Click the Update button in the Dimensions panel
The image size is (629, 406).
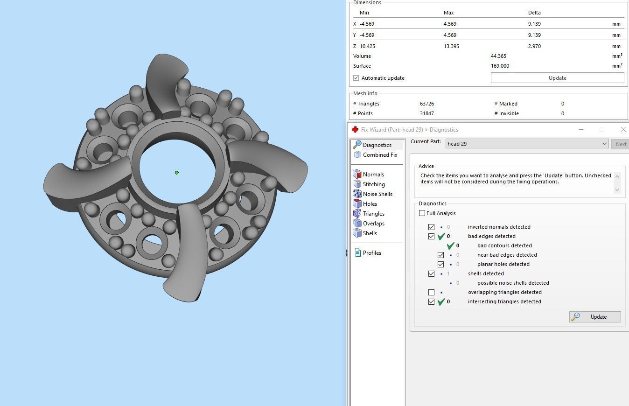[557, 78]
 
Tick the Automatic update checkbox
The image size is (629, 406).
[356, 78]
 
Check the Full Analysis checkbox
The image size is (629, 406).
[422, 213]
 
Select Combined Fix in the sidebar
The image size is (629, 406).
[379, 155]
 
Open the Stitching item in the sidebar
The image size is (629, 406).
[373, 184]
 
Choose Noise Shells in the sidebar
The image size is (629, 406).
[377, 194]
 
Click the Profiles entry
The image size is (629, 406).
[371, 253]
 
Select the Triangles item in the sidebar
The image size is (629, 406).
[373, 214]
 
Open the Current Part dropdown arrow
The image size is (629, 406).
[604, 144]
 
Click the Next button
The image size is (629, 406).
[621, 144]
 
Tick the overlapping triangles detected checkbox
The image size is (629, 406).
[432, 293]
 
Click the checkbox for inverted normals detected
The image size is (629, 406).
[432, 227]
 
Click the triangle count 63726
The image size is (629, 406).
[427, 104]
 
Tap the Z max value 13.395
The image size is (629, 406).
[451, 46]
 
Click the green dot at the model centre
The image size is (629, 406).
[177, 173]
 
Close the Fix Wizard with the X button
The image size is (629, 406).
[623, 129]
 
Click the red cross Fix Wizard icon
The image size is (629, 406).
[355, 130]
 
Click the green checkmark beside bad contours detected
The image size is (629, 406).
[450, 245]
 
